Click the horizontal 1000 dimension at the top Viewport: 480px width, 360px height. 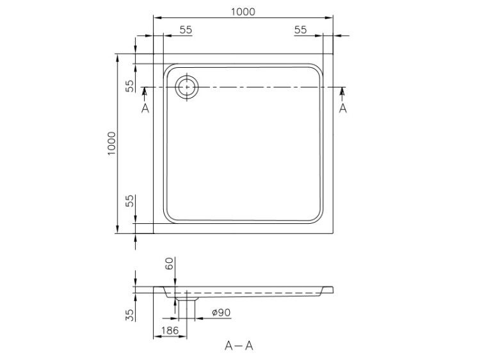click(243, 12)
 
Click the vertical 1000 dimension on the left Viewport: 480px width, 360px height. click(112, 143)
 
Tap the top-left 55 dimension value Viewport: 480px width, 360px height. click(186, 29)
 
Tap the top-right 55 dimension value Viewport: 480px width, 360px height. click(300, 29)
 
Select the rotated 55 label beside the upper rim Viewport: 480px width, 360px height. click(130, 86)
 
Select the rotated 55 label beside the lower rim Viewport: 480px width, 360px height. click(130, 201)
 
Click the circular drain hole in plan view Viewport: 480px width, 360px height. click(187, 87)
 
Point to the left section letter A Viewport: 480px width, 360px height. click(145, 108)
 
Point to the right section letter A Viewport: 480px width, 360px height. click(343, 108)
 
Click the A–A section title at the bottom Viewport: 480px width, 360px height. click(239, 346)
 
